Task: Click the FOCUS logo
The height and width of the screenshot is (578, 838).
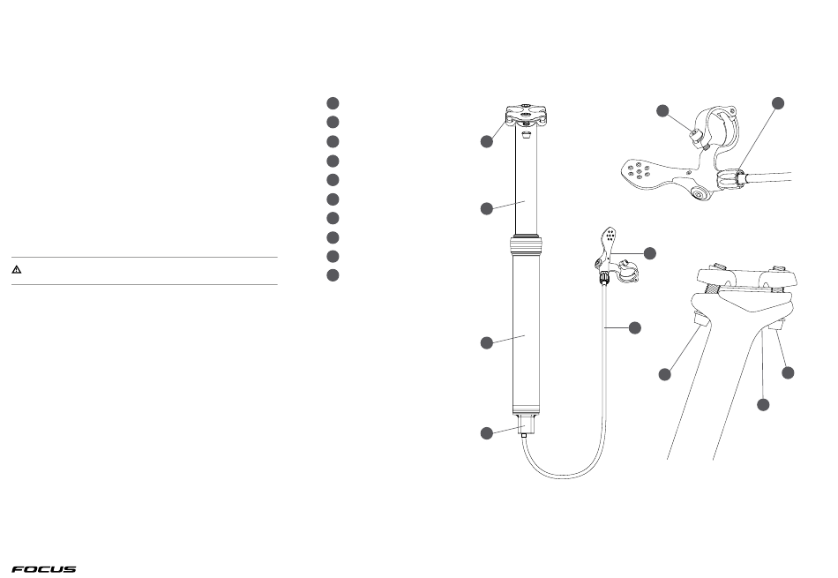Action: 44,569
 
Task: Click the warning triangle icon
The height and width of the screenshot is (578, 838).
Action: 17,269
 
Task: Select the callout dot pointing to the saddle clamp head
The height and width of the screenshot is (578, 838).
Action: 486,141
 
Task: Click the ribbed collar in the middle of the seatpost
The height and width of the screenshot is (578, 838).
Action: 527,244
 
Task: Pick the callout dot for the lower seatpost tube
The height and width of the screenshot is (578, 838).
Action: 486,342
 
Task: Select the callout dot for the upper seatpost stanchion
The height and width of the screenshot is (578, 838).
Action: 486,208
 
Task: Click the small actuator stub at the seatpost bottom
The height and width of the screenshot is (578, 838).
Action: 525,427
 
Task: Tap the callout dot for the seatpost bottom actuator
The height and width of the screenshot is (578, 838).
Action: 486,433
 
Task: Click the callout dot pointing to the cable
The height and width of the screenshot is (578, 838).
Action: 634,327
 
